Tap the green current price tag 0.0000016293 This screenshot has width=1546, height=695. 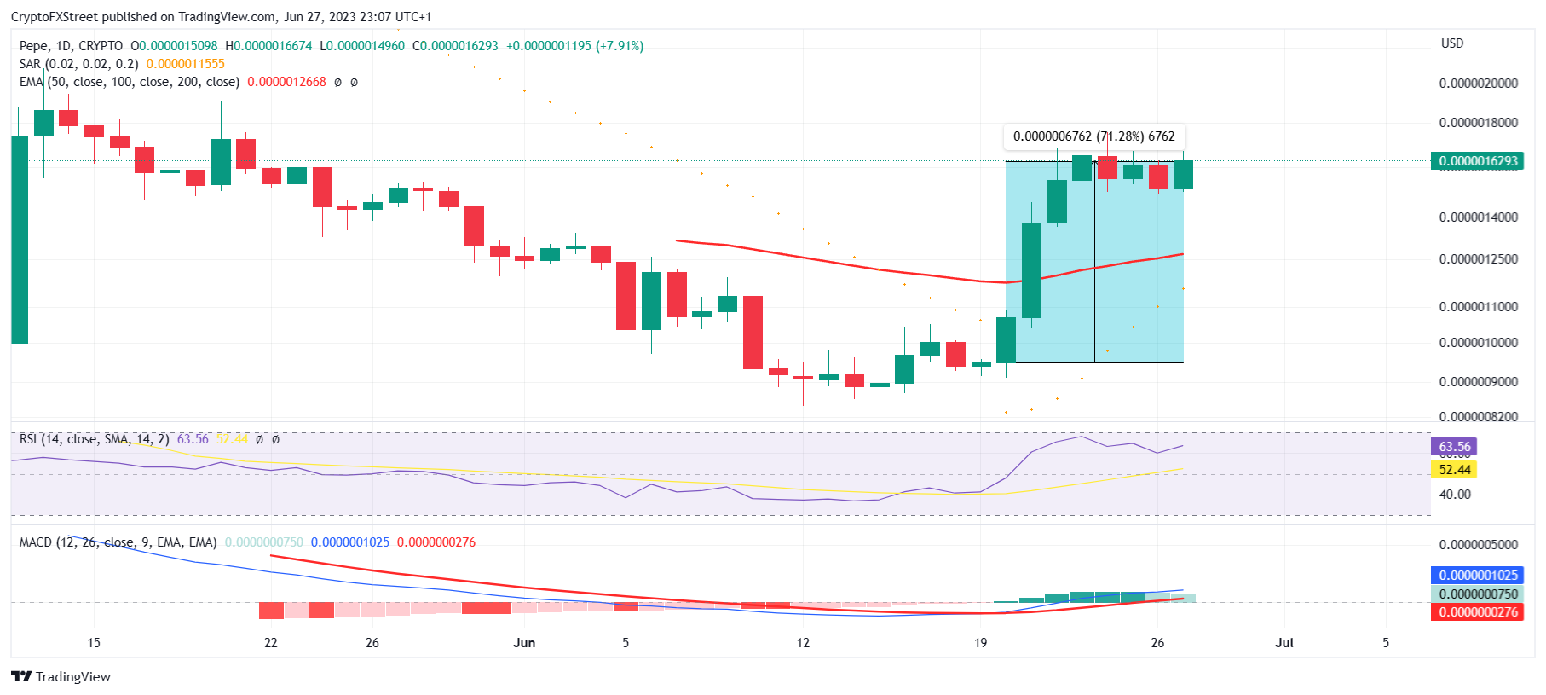[1478, 160]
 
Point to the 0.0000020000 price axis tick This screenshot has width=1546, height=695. [1478, 84]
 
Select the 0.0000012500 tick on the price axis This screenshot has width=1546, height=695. [1478, 259]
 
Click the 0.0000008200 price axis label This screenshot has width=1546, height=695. [1478, 417]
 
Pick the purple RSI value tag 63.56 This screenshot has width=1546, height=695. [1455, 447]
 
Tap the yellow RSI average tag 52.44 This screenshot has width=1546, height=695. [1455, 470]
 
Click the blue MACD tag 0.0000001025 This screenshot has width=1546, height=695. [1478, 576]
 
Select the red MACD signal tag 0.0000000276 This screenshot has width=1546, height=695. [1478, 612]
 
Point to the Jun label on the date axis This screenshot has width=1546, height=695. [524, 643]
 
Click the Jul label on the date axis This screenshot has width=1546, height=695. [1284, 643]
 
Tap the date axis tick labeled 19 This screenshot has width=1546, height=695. [980, 643]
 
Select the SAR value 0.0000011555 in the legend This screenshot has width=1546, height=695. [185, 64]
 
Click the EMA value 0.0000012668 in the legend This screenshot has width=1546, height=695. [286, 82]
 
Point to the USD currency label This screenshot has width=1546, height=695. [1451, 43]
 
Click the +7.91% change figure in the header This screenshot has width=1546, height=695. [620, 46]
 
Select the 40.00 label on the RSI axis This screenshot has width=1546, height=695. [1455, 495]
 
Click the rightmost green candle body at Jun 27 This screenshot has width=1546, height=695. [1183, 175]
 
